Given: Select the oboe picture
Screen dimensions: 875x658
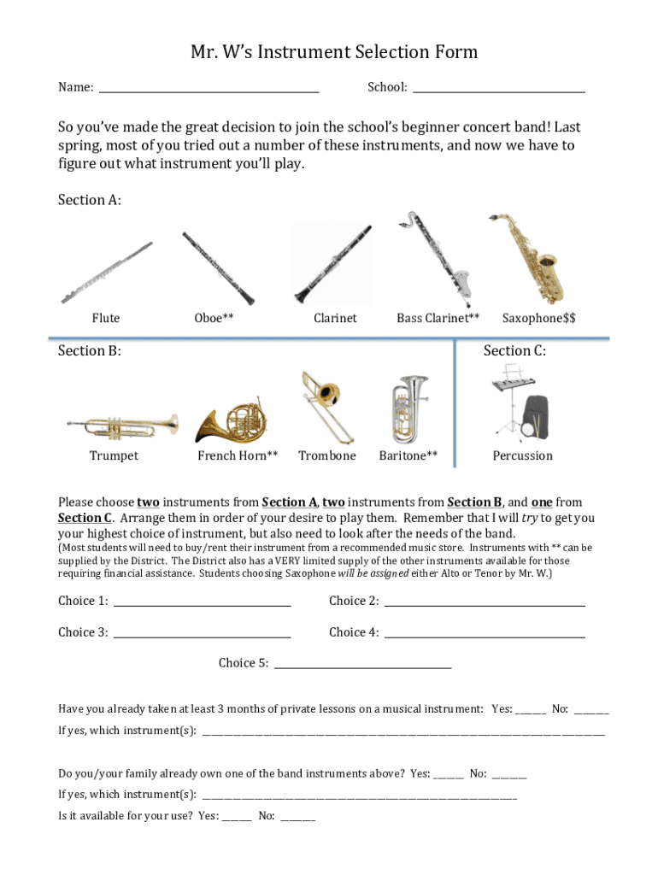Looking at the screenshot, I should (x=218, y=268).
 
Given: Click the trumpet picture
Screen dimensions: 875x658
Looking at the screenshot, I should (x=123, y=424).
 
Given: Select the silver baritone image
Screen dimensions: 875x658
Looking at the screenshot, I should (x=408, y=409).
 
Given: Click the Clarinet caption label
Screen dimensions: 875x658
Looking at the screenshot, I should (x=335, y=318).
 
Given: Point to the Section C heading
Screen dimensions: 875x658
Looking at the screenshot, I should (x=514, y=350).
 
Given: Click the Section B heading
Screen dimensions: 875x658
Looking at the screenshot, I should (x=90, y=350).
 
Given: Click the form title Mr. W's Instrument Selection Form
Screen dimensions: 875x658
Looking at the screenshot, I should (x=334, y=52).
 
